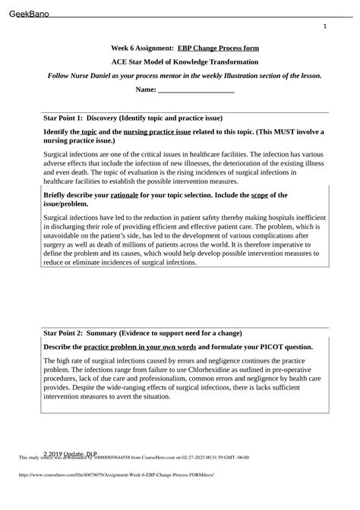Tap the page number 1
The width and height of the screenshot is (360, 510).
click(325, 27)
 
